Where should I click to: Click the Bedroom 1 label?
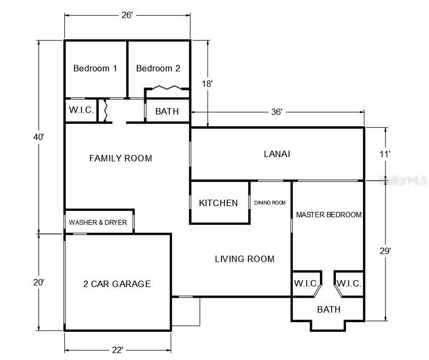(95, 68)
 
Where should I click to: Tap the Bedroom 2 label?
(158, 68)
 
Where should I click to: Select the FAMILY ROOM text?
(121, 158)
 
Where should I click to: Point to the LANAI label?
(277, 154)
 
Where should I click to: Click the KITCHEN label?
(218, 203)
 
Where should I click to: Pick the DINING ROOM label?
(270, 202)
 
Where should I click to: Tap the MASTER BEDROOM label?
(329, 215)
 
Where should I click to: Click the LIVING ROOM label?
(245, 259)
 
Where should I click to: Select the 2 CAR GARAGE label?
(117, 284)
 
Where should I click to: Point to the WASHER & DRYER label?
(98, 222)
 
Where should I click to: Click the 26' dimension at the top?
(127, 15)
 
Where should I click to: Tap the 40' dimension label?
(38, 137)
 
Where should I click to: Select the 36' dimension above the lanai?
(277, 112)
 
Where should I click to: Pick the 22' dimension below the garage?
(118, 350)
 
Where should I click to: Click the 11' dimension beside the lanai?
(385, 154)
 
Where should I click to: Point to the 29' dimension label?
(385, 251)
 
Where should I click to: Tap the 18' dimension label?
(207, 84)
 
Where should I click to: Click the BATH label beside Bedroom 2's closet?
(167, 111)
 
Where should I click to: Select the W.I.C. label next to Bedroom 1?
(81, 110)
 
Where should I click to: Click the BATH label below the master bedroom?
(329, 309)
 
